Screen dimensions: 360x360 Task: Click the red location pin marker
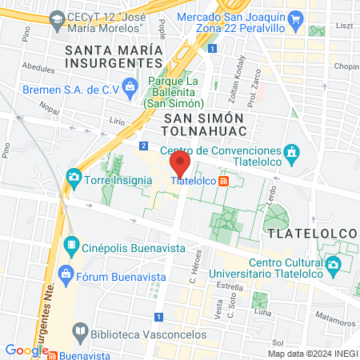point(180,165)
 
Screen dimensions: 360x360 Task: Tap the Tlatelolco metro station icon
point(224,181)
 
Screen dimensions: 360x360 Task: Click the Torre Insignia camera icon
point(74,176)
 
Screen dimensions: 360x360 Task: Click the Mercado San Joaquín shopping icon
point(294,17)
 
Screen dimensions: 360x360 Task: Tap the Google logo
point(26,350)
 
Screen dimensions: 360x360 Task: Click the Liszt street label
point(344,25)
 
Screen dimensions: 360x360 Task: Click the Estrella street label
point(229,286)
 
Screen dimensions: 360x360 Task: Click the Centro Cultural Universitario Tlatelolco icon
point(332,263)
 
